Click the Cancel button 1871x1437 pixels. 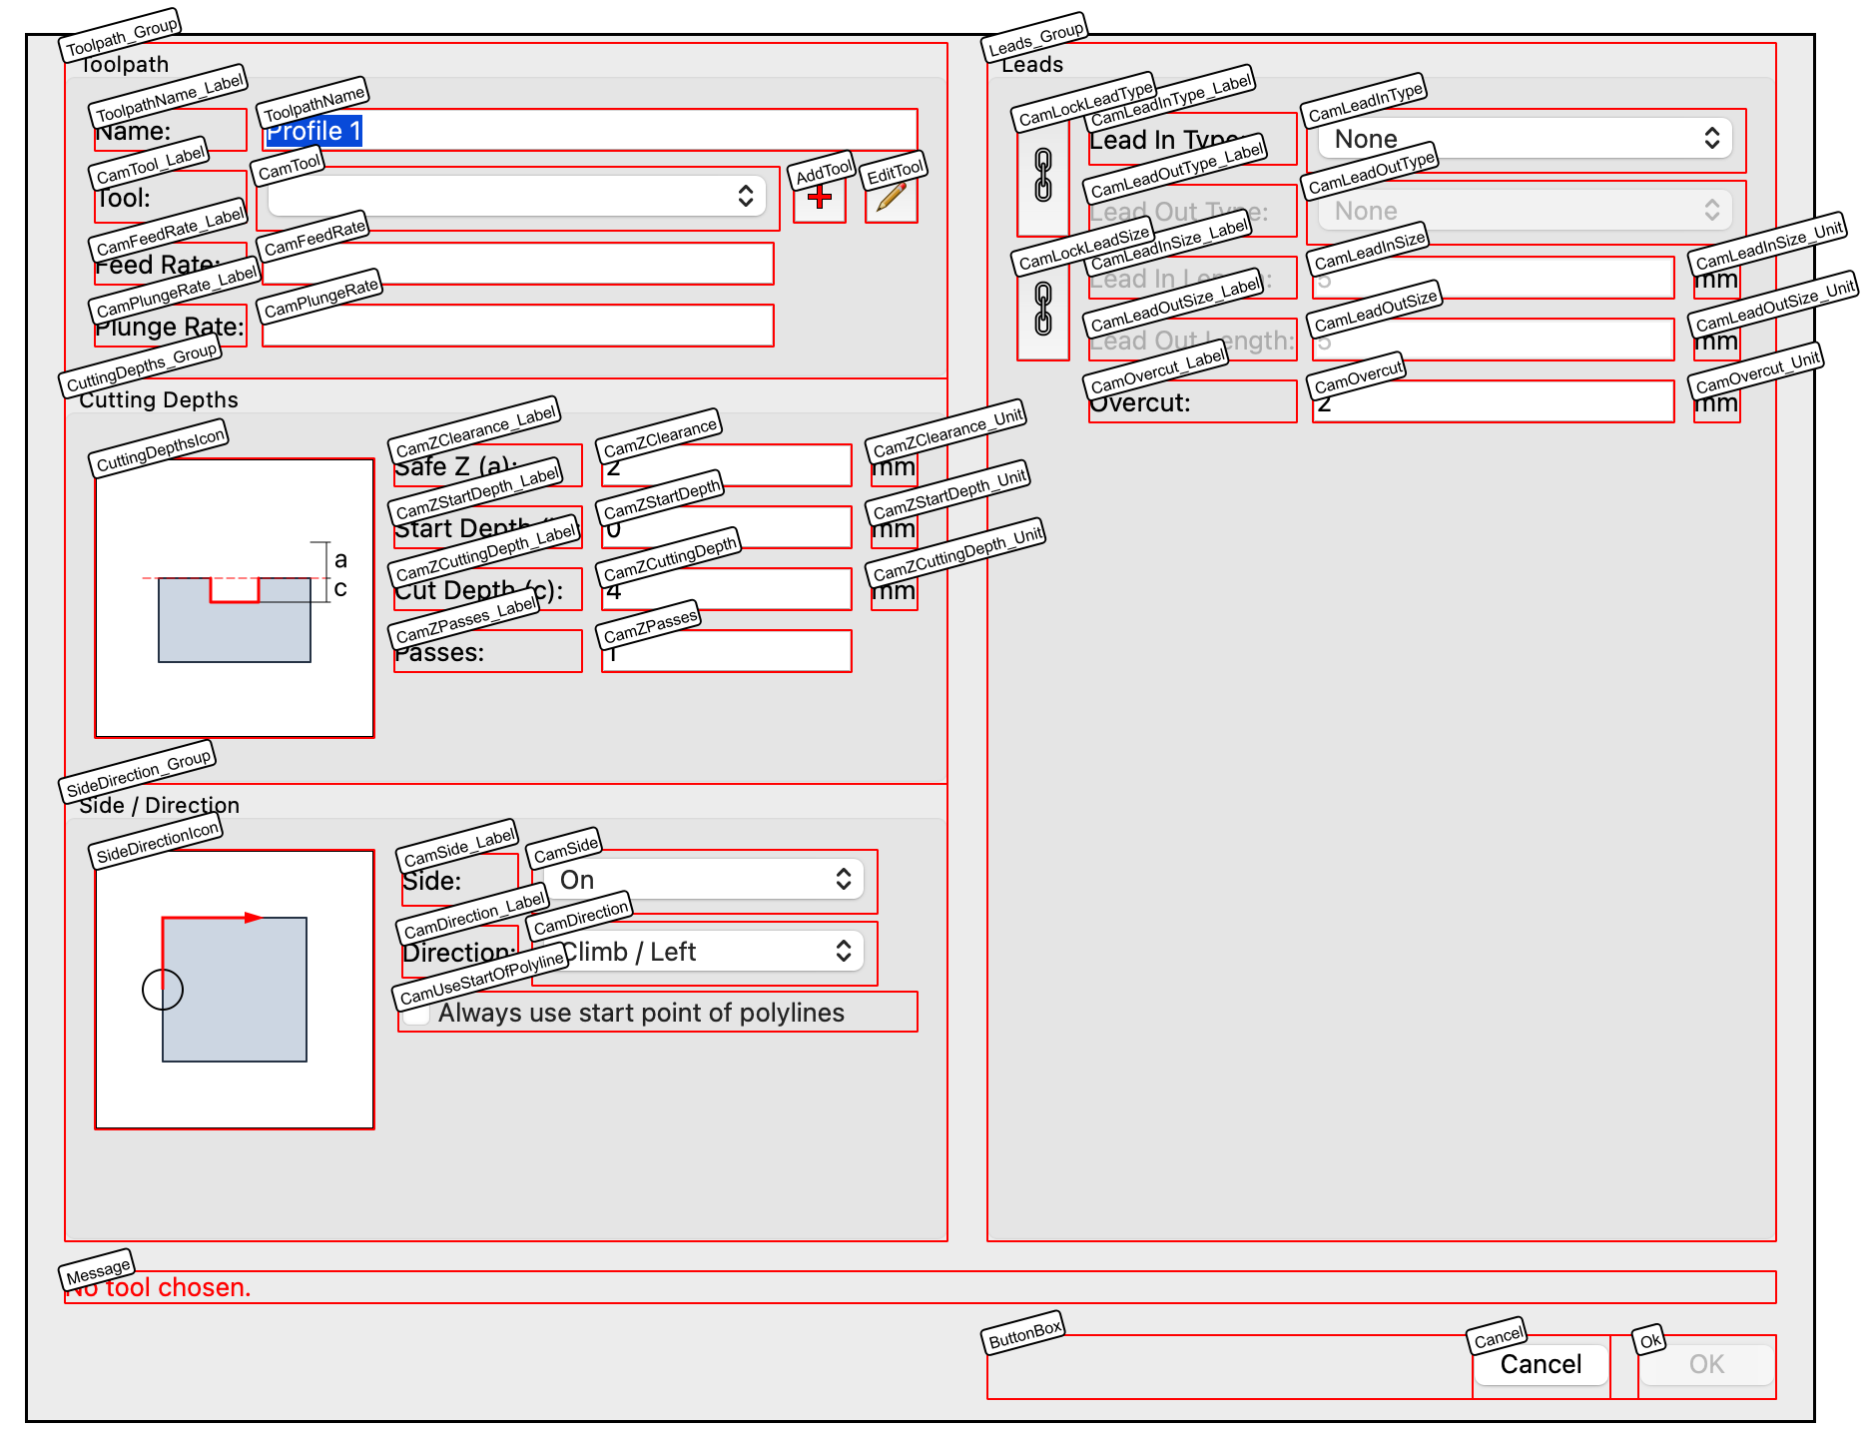tap(1541, 1364)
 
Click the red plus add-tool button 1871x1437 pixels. tap(820, 198)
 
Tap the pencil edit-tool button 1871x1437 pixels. tap(891, 198)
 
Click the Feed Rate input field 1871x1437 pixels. tap(517, 265)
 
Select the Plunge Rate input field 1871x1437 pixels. tap(517, 327)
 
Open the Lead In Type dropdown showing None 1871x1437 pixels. tap(1525, 139)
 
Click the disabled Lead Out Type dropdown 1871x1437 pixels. tap(1525, 211)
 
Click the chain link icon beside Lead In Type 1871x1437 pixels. tap(1043, 176)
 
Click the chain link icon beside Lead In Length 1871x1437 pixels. tap(1043, 309)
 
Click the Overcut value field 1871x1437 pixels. tap(1493, 402)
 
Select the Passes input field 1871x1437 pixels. tap(726, 652)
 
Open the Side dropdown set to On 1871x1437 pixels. tap(704, 880)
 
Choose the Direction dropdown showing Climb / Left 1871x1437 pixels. tap(704, 952)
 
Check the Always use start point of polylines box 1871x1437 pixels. tap(418, 1014)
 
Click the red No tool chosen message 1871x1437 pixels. tap(160, 1288)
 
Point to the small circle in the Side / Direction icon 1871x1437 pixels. tap(163, 990)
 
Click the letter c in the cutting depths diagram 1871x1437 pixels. tap(340, 588)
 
